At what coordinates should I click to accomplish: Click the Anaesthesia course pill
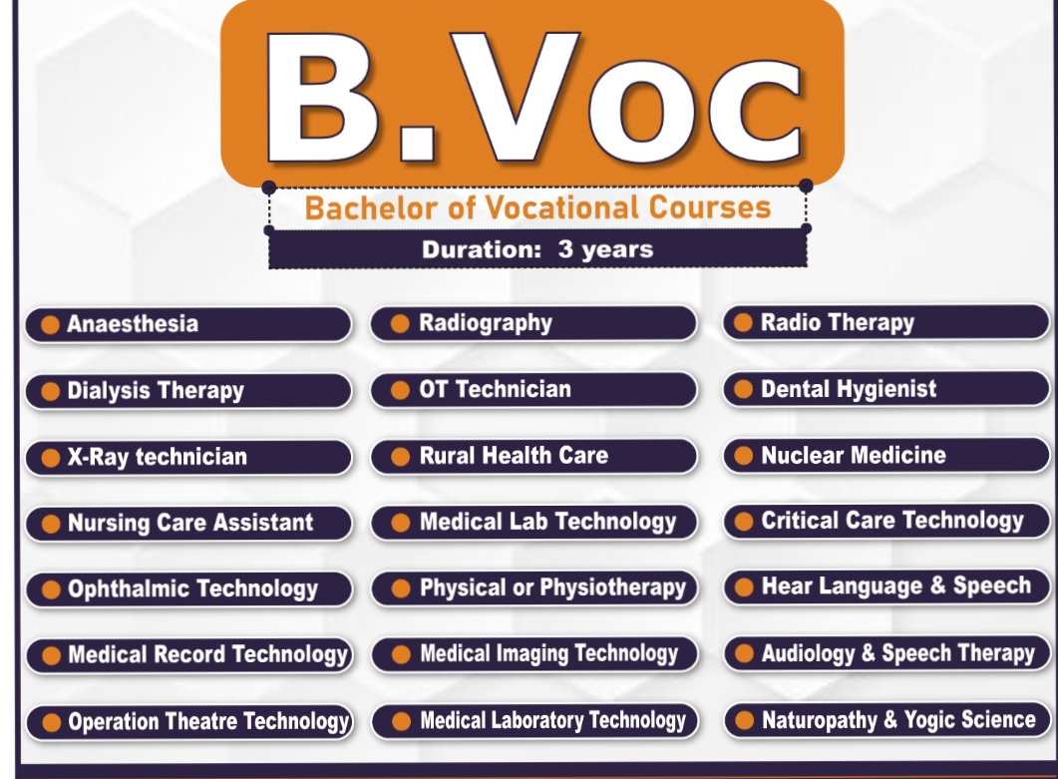pos(187,324)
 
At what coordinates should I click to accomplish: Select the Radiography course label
pos(532,323)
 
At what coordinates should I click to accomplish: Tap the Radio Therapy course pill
pos(885,322)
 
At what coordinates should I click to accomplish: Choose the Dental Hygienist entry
pos(885,389)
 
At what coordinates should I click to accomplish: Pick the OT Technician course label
pos(532,389)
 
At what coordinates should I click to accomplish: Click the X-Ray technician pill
pos(187,457)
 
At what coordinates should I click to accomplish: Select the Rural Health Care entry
pos(532,456)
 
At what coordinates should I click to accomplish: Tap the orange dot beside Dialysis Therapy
pos(49,391)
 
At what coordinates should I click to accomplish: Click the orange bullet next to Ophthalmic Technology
pos(49,589)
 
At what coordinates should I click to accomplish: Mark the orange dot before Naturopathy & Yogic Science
pos(743,720)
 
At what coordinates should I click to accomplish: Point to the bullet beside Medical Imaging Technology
pos(401,654)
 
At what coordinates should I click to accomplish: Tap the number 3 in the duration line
pos(565,249)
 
